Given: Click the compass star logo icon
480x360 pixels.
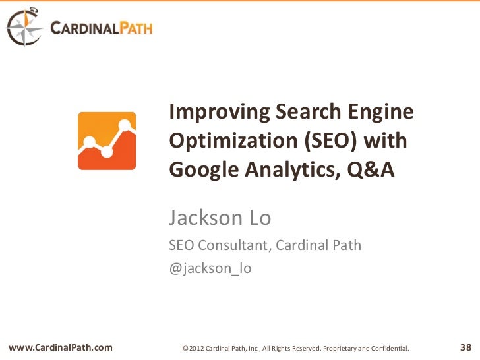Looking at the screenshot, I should (24, 28).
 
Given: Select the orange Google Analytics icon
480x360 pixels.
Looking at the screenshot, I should (107, 141).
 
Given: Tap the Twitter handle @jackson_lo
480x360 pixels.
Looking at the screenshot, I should (210, 268).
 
